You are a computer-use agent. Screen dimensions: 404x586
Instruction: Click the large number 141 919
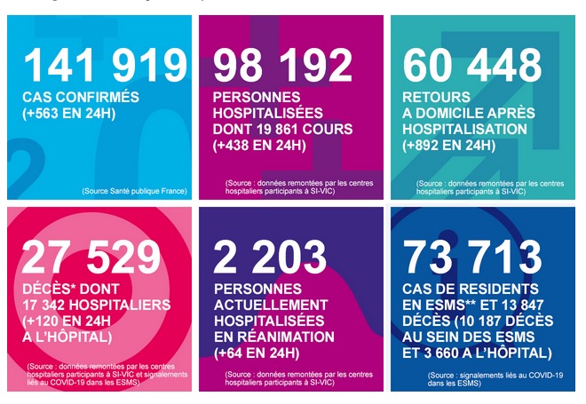(105, 66)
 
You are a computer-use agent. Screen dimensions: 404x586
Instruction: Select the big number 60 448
(471, 66)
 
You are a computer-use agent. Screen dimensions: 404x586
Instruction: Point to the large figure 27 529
(91, 258)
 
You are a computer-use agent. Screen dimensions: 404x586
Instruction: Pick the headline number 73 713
(471, 258)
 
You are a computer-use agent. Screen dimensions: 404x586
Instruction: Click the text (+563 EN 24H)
(68, 114)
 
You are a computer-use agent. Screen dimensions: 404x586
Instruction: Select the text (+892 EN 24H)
(448, 145)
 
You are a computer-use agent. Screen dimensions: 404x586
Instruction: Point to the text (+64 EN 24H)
(256, 353)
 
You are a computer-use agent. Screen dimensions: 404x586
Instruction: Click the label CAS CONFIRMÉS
(80, 97)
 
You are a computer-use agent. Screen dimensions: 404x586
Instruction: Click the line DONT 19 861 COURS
(282, 129)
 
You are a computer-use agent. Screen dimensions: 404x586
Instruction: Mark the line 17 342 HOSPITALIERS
(96, 305)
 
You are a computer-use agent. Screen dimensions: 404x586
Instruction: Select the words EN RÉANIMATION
(273, 337)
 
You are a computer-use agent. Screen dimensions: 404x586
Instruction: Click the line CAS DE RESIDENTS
(468, 289)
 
